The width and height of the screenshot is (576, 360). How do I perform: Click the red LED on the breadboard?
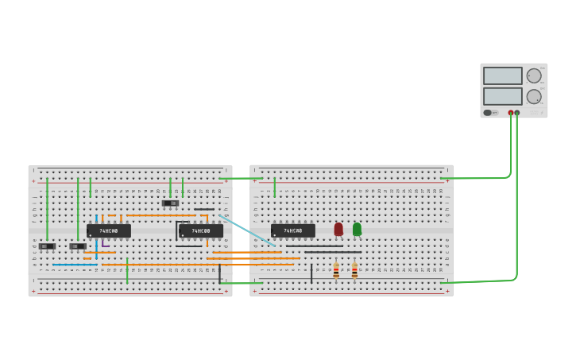pos(338,229)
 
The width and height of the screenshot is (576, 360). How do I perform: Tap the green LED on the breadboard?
pos(357,229)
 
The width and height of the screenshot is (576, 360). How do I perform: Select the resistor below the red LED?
pos(336,270)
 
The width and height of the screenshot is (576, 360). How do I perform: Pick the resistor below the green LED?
pos(354,270)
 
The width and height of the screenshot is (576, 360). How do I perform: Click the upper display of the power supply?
pos(502,75)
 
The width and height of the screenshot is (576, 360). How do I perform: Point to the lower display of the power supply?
pos(502,96)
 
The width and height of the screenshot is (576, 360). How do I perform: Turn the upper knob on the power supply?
pos(534,75)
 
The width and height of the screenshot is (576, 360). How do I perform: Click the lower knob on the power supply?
pos(534,96)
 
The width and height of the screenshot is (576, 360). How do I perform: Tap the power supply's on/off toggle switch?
pos(489,112)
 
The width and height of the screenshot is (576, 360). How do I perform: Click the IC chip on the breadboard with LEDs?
pos(293,230)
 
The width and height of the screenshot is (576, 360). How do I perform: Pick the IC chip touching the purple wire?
pos(109,230)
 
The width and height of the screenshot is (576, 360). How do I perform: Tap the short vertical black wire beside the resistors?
pos(311,273)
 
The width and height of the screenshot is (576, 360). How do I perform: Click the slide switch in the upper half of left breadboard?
pos(170,203)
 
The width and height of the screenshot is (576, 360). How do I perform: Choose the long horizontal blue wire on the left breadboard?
pos(75,265)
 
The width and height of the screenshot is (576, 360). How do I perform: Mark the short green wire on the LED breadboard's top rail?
pos(275,187)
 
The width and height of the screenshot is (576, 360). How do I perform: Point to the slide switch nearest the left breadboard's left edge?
pos(47,246)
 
